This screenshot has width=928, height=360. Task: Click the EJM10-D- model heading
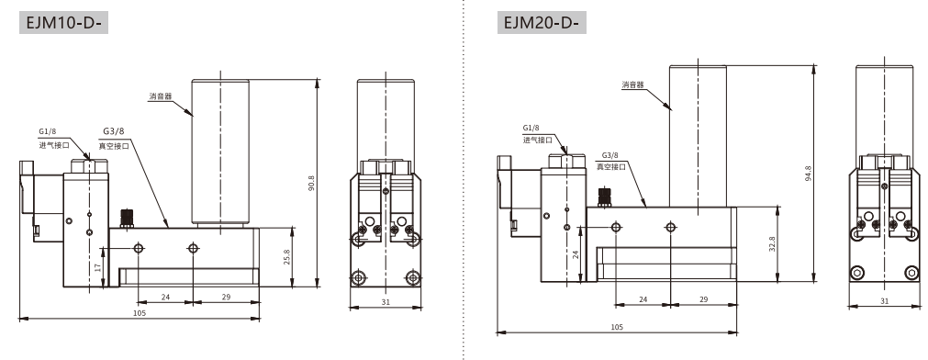tap(60, 23)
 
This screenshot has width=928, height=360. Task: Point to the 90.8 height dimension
tap(311, 184)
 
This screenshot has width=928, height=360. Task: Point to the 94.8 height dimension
tap(809, 173)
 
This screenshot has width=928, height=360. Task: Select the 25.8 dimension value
tap(287, 256)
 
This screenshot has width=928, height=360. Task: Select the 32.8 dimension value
tap(772, 244)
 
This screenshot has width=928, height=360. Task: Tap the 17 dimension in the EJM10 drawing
tap(98, 267)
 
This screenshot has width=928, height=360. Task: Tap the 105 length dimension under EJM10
tap(140, 312)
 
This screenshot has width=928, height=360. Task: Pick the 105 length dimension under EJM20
tap(617, 327)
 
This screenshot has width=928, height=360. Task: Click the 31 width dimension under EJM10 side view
tap(386, 301)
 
